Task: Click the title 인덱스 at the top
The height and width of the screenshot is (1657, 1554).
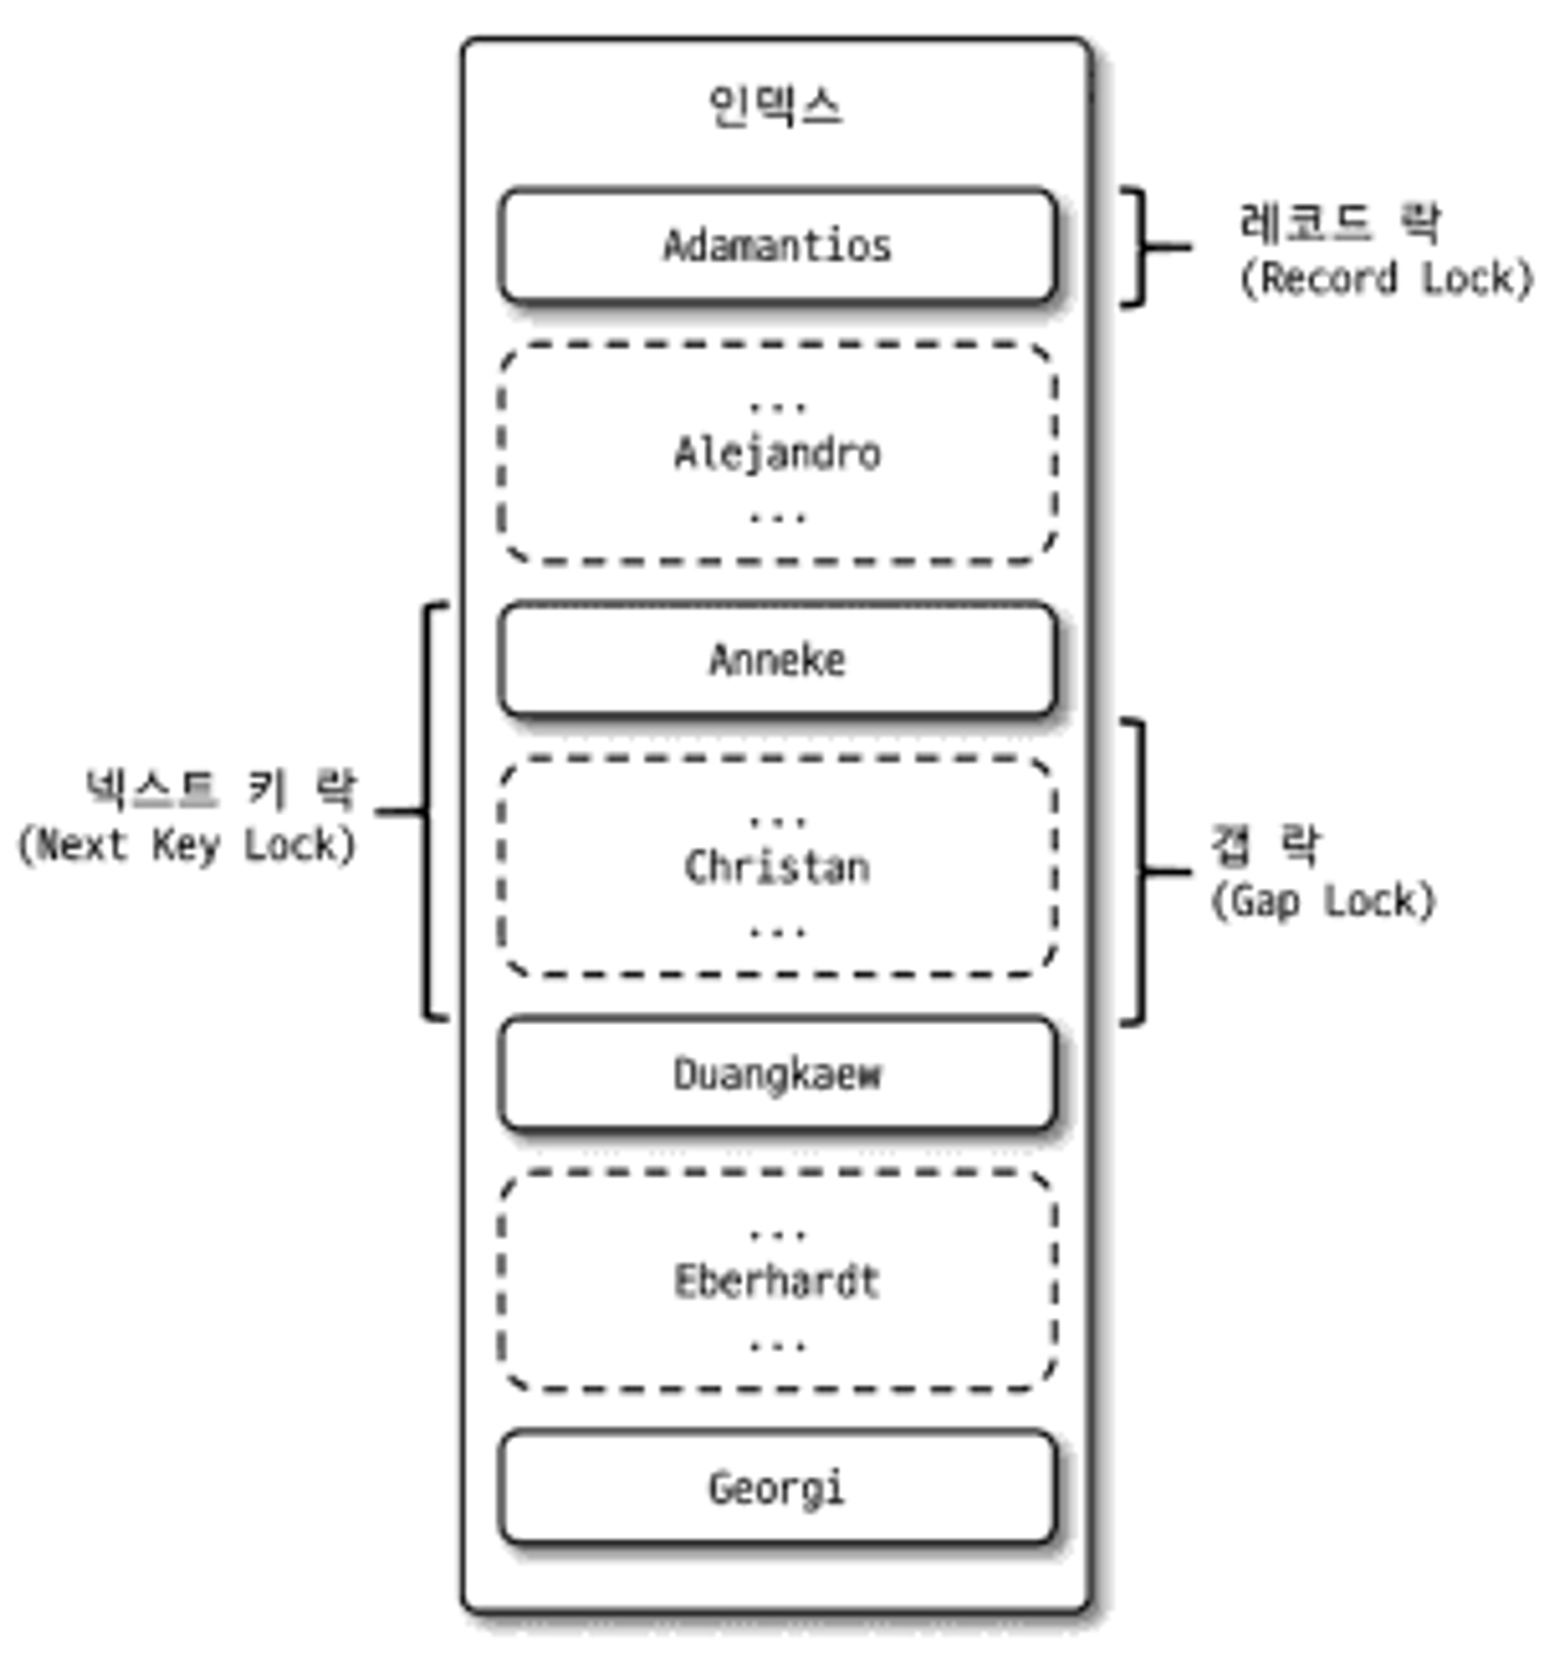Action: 775,106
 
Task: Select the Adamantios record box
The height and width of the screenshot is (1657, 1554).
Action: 776,246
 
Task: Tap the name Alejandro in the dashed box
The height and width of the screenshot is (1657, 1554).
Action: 776,454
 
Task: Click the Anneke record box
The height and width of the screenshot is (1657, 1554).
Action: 776,660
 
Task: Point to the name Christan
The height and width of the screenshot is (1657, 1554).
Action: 776,867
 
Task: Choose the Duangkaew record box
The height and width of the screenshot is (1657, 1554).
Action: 776,1074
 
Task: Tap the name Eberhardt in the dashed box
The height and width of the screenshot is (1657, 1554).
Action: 776,1282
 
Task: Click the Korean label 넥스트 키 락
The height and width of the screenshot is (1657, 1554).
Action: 221,790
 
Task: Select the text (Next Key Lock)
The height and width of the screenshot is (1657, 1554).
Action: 187,845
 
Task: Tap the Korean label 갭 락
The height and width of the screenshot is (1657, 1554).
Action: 1265,845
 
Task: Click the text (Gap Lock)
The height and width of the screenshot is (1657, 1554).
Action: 1323,901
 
